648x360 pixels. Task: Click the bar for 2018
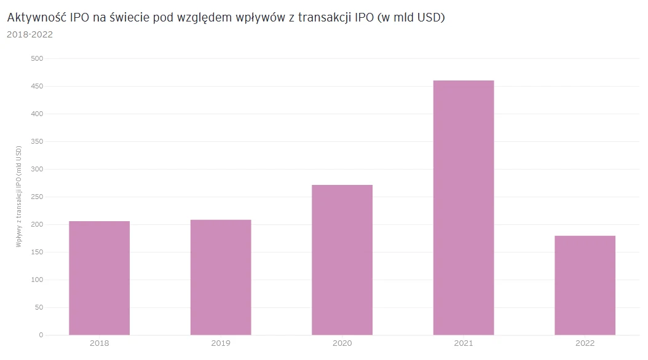[x=99, y=278]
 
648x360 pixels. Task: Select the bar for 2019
[x=221, y=277]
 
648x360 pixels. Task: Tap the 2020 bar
[x=342, y=260]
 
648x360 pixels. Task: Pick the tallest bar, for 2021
[x=464, y=208]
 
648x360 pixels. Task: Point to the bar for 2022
[x=585, y=285]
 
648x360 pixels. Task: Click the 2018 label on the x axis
[x=99, y=343]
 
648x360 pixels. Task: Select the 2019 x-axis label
[x=221, y=343]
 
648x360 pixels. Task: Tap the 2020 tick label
[x=342, y=343]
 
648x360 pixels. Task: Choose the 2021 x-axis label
[x=464, y=343]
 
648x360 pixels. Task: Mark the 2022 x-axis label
[x=585, y=343]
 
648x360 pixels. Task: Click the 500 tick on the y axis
[x=37, y=58]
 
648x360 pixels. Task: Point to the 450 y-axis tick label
[x=37, y=86]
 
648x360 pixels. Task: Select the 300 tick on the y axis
[x=37, y=169]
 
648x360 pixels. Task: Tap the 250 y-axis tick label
[x=37, y=197]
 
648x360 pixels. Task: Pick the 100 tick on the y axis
[x=37, y=280]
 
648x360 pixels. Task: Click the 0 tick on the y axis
[x=41, y=335]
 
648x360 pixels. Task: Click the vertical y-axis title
[x=19, y=197]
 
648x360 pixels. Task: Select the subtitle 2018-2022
[x=30, y=34]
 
